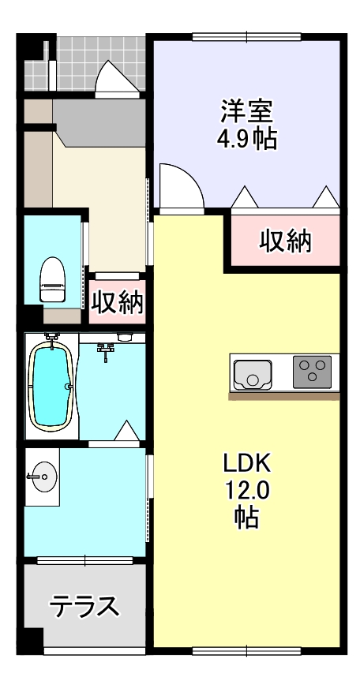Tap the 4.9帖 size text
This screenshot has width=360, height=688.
pos(246,140)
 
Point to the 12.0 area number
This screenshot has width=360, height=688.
pos(246,490)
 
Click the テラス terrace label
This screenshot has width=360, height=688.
pos(84,607)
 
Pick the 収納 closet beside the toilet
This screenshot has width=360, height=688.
pos(117,301)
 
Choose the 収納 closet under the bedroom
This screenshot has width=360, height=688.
pos(285,241)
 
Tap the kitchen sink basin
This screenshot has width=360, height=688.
pos(253,372)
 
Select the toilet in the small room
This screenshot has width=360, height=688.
pos(52,279)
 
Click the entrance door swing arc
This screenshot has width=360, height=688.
pos(114,77)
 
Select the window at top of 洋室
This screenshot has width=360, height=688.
pos(246,36)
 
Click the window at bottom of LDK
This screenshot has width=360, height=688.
pos(246,651)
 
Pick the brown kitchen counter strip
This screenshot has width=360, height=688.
pos(285,394)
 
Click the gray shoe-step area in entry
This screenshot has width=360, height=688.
pos(99,118)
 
